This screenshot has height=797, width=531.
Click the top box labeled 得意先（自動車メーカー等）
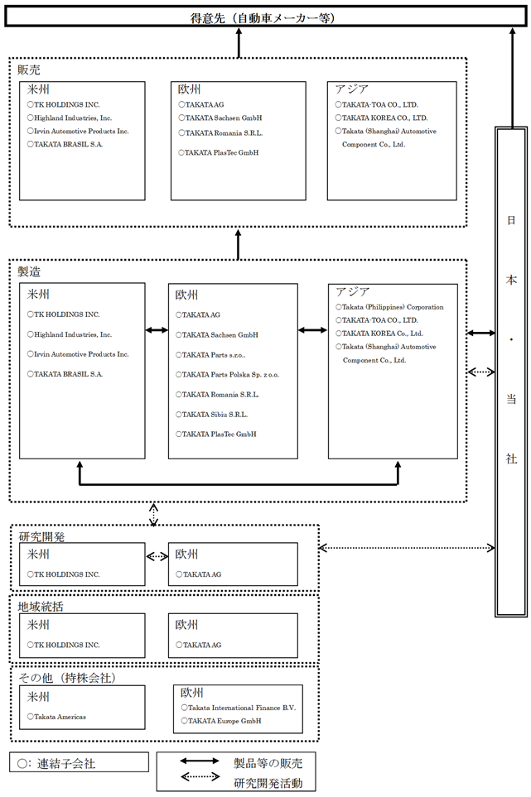(265, 17)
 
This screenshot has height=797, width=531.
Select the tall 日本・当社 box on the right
(511, 372)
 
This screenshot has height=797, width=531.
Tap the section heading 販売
(29, 70)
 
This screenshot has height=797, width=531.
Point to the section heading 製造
(29, 272)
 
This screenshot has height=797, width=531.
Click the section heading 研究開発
(41, 537)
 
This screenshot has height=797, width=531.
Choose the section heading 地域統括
(41, 607)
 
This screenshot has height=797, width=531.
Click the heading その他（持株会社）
(67, 678)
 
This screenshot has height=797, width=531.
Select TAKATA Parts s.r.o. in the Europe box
(210, 355)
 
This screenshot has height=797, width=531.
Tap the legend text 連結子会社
(66, 763)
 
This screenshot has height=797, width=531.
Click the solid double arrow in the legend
(200, 761)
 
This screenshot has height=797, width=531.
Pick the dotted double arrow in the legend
(200, 776)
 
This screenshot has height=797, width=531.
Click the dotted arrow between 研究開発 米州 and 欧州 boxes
(157, 557)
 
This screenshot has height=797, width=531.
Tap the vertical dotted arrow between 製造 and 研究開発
(153, 514)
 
